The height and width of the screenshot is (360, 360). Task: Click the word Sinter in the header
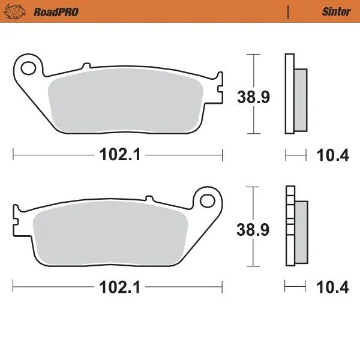tap(337, 11)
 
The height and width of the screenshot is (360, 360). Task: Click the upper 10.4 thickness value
tap(332, 155)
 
